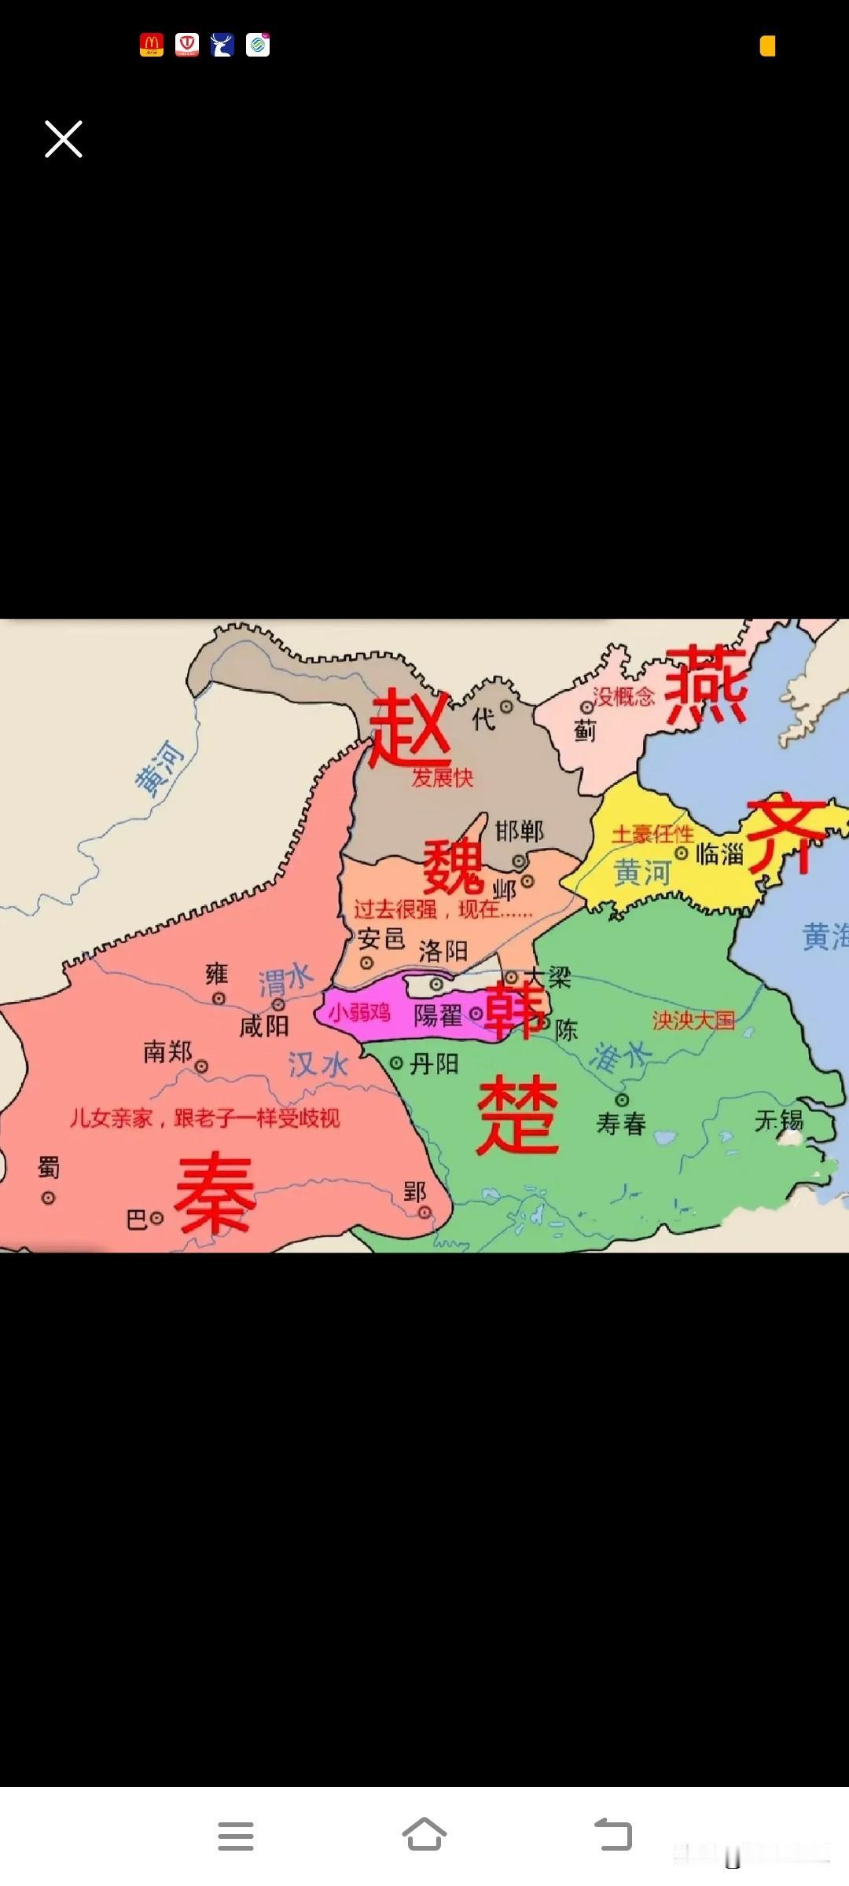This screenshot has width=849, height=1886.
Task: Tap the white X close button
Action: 64,139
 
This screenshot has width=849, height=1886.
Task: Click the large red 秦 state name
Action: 215,1194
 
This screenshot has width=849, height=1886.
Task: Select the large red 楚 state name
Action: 517,1114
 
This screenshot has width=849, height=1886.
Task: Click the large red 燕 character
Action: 705,684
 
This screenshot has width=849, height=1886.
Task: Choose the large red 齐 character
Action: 786,836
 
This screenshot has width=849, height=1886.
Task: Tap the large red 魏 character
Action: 453,866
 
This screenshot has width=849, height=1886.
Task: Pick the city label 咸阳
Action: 264,1026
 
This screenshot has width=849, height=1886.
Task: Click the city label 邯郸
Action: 519,831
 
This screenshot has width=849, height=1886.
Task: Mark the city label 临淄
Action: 719,853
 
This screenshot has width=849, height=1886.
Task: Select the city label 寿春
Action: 621,1124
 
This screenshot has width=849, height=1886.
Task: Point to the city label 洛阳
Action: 443,952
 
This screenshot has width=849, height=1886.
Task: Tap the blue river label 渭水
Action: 286,980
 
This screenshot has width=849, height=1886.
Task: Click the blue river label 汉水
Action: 318,1065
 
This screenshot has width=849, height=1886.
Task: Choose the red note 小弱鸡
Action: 359,1012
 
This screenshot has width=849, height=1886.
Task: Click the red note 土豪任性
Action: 652,834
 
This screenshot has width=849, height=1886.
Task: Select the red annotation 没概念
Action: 623,696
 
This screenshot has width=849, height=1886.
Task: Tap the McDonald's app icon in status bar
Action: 152,45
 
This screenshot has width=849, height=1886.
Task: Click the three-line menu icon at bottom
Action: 236,1836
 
